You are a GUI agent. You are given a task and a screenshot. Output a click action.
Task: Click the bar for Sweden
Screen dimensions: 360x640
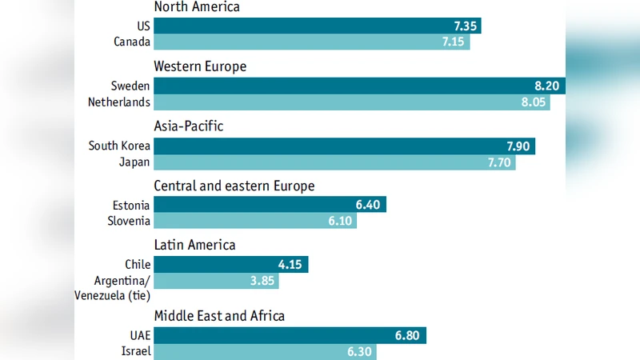click(x=360, y=86)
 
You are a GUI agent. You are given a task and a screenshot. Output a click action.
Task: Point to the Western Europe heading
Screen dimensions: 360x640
click(x=200, y=66)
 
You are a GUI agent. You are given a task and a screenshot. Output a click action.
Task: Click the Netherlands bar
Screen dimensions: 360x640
click(x=352, y=102)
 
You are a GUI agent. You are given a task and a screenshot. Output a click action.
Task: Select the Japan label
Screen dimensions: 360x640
click(x=134, y=162)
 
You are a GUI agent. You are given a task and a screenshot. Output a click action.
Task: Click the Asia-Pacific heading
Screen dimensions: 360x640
click(x=189, y=126)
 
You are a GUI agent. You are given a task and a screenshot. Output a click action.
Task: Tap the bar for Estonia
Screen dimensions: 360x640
click(x=270, y=205)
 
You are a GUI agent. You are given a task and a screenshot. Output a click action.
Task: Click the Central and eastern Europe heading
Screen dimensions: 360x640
click(x=234, y=186)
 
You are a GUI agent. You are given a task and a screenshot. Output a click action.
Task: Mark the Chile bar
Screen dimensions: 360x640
click(x=230, y=264)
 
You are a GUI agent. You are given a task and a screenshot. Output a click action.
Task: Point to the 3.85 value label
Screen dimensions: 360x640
click(x=263, y=281)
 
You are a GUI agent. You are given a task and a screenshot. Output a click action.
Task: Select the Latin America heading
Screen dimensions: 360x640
click(x=194, y=246)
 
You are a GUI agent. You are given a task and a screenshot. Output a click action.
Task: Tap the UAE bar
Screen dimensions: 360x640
click(x=290, y=335)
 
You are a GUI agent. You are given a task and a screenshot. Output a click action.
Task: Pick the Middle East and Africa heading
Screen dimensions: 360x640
click(x=219, y=316)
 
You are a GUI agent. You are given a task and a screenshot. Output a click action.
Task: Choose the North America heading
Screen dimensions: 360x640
click(x=197, y=7)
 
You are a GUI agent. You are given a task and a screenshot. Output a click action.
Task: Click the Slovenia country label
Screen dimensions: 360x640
click(x=129, y=222)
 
